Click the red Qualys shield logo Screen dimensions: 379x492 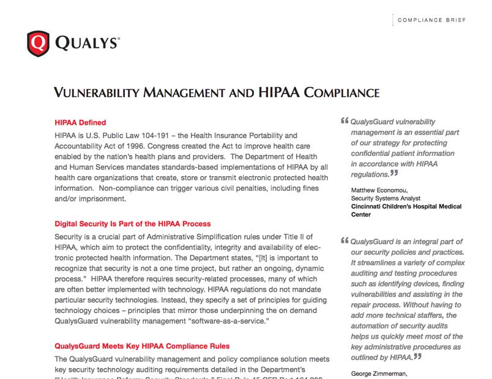[x=38, y=43]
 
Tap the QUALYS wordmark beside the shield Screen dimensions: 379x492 [x=87, y=43]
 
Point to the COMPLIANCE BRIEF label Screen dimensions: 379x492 [x=431, y=20]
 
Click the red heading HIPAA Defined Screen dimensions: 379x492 [x=80, y=122]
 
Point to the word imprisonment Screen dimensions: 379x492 [x=97, y=199]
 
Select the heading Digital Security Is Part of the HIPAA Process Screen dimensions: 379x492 [x=133, y=224]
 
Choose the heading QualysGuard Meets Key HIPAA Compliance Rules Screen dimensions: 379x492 [x=142, y=346]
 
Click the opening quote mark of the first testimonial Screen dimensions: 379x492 [x=344, y=121]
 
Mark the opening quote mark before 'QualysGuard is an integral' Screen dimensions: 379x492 [x=344, y=240]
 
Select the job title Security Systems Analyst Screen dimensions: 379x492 [x=390, y=199]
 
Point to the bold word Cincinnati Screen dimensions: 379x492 [x=369, y=207]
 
